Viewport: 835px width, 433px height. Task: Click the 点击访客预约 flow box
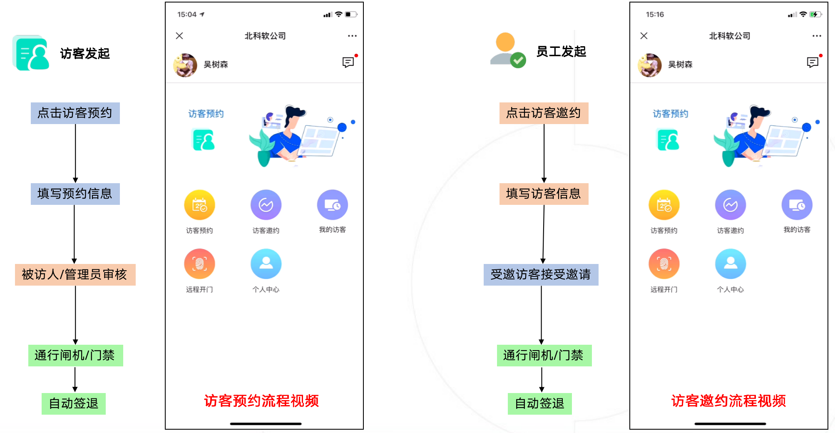75,113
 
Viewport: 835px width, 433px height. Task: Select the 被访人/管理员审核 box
75,274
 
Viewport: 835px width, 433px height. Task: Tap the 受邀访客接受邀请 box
541,274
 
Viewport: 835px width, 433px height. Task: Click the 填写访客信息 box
544,194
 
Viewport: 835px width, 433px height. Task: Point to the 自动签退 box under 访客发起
74,403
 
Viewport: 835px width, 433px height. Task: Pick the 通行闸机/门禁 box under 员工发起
544,355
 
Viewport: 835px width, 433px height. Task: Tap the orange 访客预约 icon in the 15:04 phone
199,205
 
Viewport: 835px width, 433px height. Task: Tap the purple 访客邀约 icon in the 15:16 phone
730,205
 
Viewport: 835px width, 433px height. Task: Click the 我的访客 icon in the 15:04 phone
332,205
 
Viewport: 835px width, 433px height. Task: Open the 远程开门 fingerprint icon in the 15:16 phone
664,264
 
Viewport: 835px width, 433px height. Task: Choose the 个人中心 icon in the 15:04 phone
266,264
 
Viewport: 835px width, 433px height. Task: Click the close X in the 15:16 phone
644,36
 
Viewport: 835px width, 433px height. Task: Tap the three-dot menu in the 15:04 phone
352,36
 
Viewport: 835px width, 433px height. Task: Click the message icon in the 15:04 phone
348,62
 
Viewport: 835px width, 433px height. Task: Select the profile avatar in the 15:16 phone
649,65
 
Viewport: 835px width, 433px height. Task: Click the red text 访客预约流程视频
261,401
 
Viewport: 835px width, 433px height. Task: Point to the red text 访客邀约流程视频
728,401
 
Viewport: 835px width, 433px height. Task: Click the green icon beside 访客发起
31,53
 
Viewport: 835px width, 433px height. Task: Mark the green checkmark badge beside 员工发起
518,60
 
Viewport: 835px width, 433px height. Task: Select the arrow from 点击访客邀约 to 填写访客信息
544,153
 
